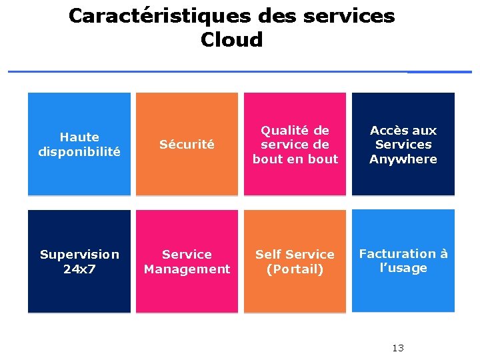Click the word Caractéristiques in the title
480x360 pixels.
tap(161, 15)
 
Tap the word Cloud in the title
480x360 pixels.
tap(231, 39)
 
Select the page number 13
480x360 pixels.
tap(398, 348)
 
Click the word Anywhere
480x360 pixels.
tap(403, 159)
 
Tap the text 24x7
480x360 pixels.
tap(79, 269)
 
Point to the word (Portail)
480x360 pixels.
tap(295, 269)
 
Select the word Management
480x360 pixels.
tap(187, 269)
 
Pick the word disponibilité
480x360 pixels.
tap(79, 151)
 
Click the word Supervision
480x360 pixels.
tap(79, 254)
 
